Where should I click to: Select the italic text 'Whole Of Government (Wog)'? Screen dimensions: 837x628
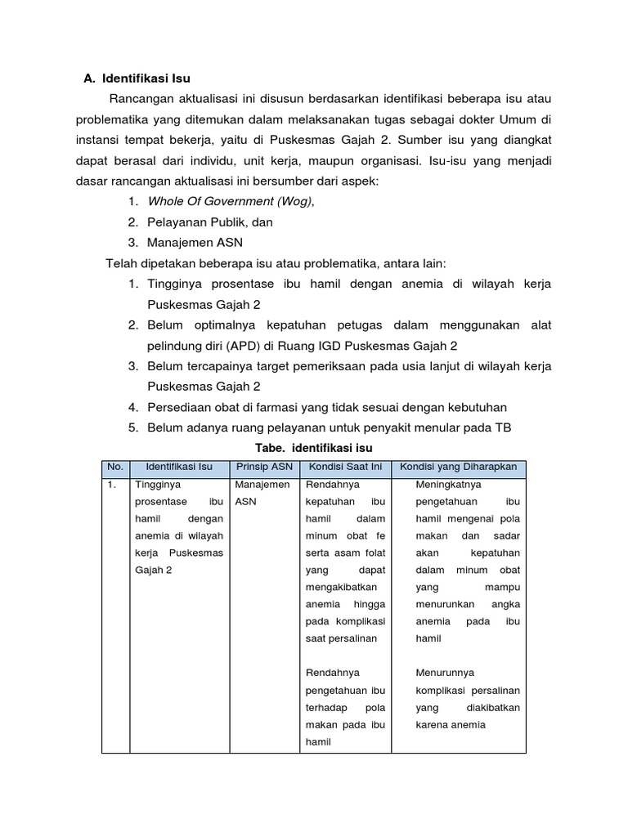pos(230,201)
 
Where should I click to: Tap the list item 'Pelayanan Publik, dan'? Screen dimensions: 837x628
pos(210,222)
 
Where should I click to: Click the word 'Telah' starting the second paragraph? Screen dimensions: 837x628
pos(121,262)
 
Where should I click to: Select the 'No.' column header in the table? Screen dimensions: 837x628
pos(115,467)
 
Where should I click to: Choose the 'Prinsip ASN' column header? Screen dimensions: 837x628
pos(264,467)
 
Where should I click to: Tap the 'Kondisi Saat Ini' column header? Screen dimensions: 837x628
pos(346,467)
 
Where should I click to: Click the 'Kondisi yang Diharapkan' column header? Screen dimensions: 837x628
pos(460,467)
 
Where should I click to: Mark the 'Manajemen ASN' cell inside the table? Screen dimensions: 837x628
pos(262,493)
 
